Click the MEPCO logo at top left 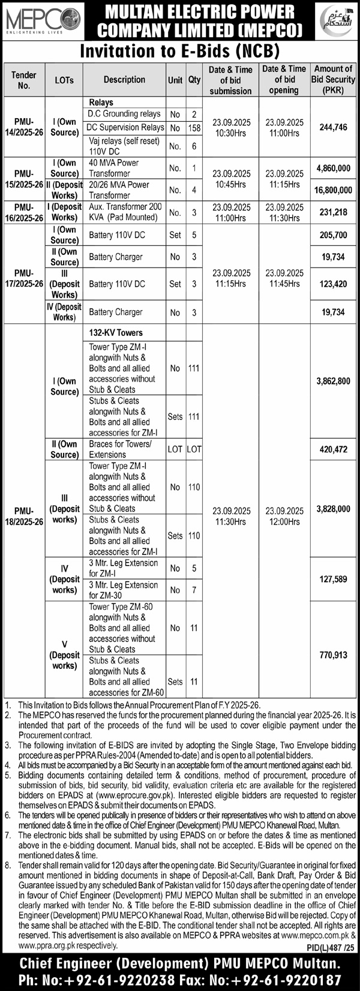(x=42, y=20)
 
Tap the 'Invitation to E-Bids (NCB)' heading (x=180, y=50)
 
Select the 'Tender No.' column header (x=23, y=80)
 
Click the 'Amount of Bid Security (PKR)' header (x=333, y=80)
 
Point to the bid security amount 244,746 (x=332, y=127)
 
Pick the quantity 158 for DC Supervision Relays (x=194, y=127)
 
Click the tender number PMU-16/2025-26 (x=23, y=212)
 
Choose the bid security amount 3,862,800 (x=332, y=381)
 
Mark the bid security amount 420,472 (x=332, y=449)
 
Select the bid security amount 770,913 (x=332, y=655)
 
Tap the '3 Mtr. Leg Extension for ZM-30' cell (x=124, y=590)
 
